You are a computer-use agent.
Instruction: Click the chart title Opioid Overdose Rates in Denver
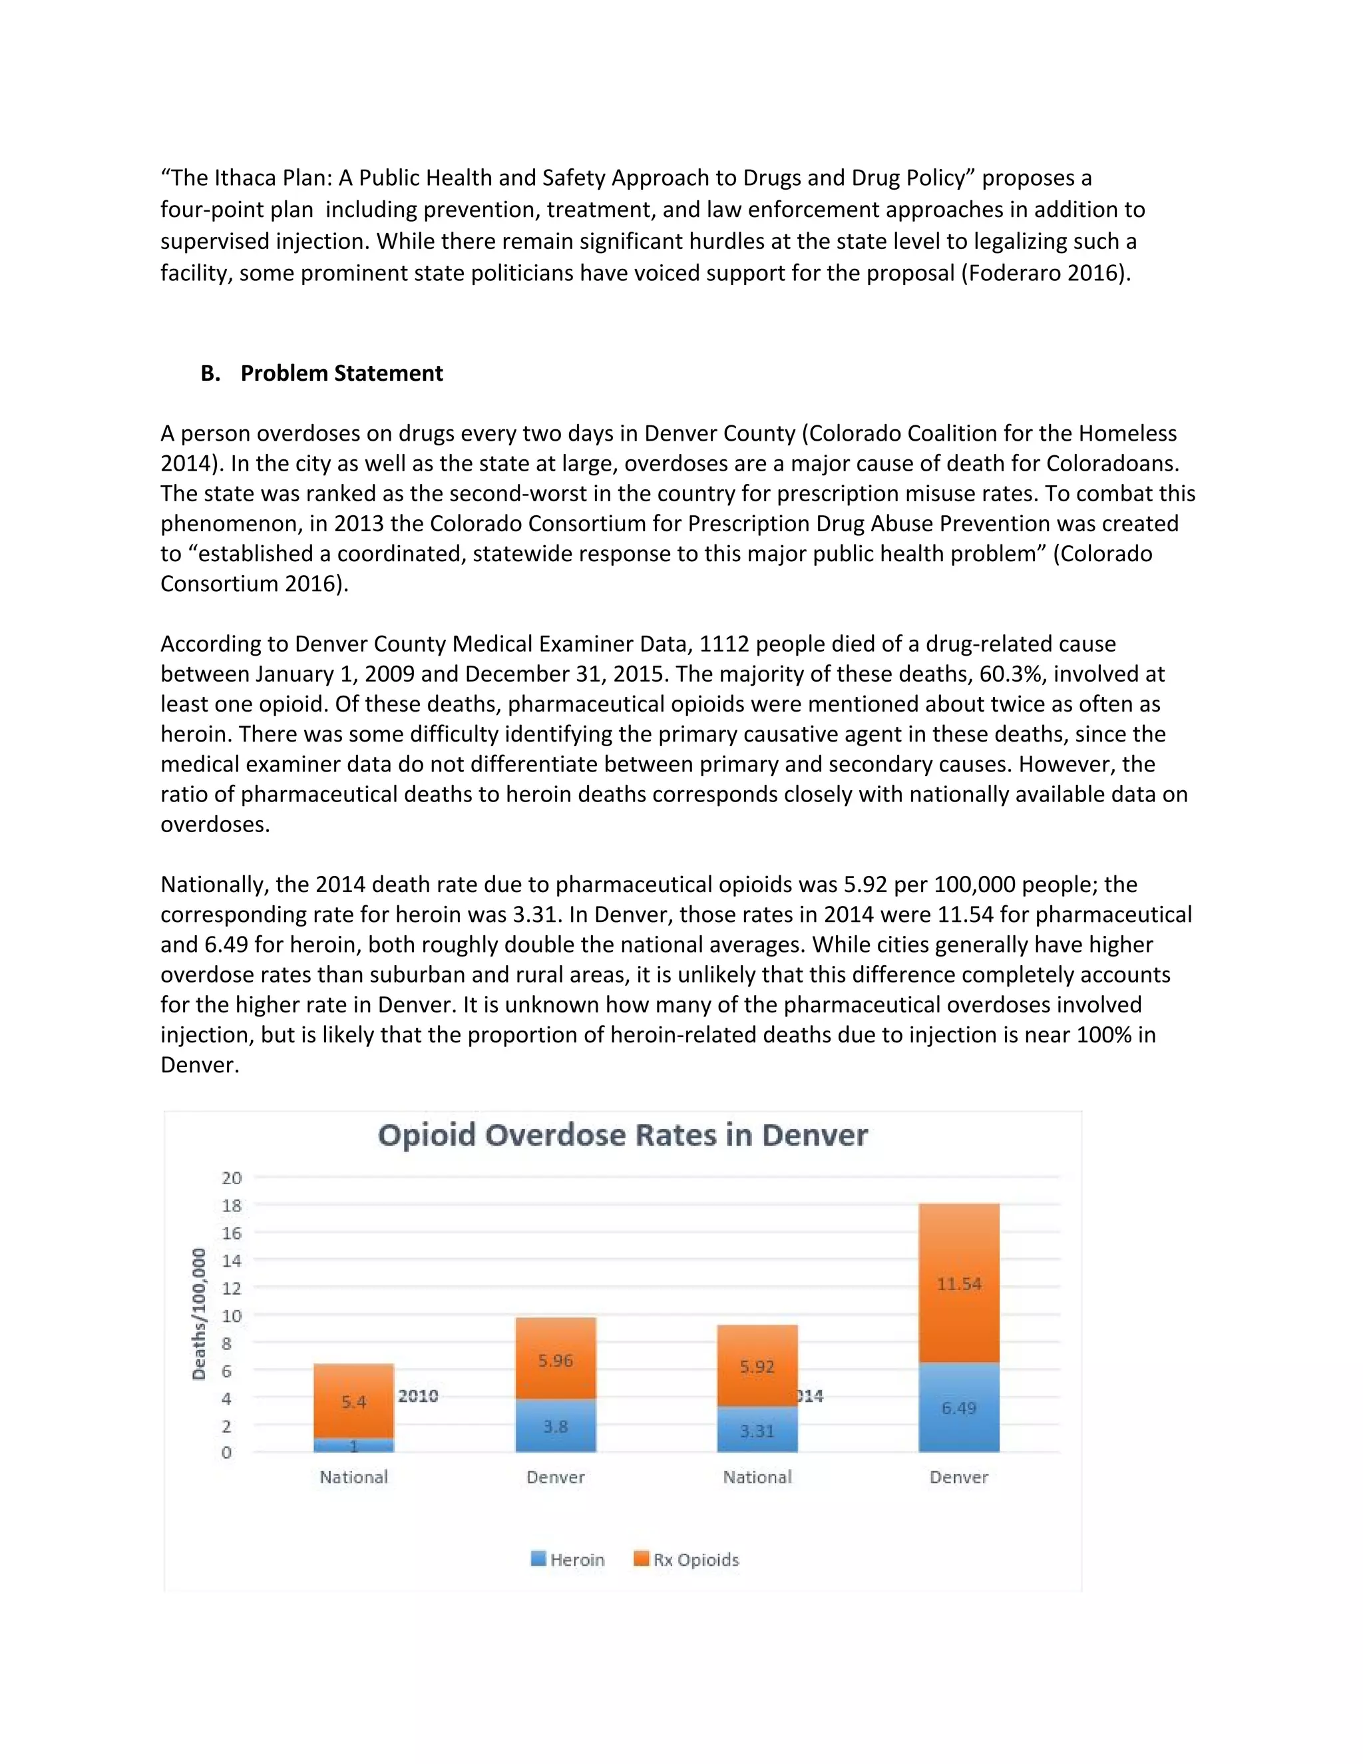(622, 1135)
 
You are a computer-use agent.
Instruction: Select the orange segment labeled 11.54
(958, 1283)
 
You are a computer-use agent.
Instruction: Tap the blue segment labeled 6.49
(958, 1408)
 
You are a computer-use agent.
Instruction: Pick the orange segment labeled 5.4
(353, 1401)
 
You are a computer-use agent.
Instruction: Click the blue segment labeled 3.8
(556, 1426)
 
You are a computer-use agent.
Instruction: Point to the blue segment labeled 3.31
(757, 1431)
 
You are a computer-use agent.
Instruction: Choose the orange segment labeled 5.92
(757, 1367)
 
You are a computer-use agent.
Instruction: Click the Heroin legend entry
(568, 1560)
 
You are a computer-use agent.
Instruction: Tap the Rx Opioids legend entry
(686, 1560)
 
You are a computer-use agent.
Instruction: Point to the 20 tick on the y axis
(231, 1178)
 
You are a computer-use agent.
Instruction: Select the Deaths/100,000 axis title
(198, 1314)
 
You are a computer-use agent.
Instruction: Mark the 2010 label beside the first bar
(418, 1396)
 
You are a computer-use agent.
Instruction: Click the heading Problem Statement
(341, 373)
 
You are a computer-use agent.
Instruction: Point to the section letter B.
(210, 373)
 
